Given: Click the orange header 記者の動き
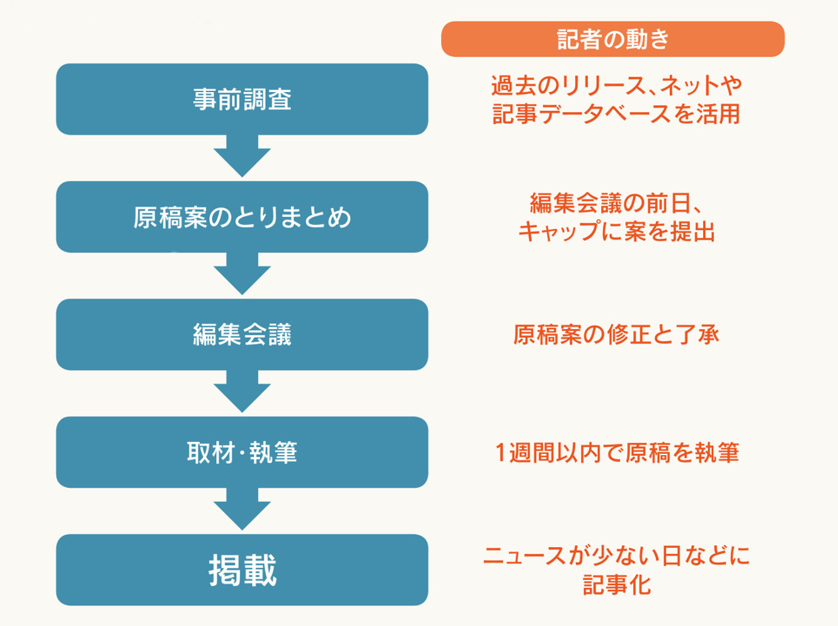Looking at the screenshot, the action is coord(613,39).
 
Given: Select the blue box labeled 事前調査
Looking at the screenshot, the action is coord(242,100).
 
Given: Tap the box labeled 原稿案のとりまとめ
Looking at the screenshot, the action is coord(242,217).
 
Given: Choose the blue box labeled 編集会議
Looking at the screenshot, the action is coord(242,335).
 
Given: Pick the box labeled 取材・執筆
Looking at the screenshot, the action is coord(242,452).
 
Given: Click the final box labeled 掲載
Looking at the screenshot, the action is coord(242,570).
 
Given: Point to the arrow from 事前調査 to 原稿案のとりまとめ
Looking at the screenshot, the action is coord(242,156).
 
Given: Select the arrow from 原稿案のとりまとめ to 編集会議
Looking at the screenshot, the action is coord(242,274).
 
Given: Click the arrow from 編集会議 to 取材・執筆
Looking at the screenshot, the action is coord(242,391).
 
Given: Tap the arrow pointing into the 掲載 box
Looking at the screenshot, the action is coord(242,509).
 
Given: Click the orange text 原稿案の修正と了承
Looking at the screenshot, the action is coord(616,335).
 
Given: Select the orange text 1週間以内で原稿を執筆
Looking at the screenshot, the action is coord(617,453).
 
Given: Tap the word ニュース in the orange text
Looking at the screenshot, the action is coord(524,556).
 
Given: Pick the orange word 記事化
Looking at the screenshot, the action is coord(617,584).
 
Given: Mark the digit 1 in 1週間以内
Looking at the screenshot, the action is coord(500,453).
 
